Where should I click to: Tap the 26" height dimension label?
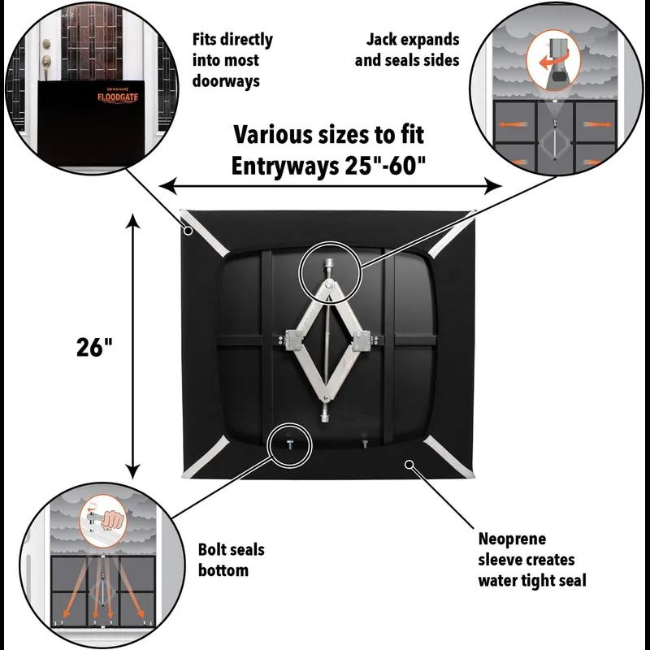coord(91,347)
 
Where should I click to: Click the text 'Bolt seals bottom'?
coord(231,560)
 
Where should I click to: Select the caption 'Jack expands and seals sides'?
coord(413,50)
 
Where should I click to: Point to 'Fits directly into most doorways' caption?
coord(232,60)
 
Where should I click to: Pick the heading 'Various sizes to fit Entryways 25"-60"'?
coord(328,149)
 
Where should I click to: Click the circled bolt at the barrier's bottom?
coord(289,443)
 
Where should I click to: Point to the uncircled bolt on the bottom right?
coord(365,443)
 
